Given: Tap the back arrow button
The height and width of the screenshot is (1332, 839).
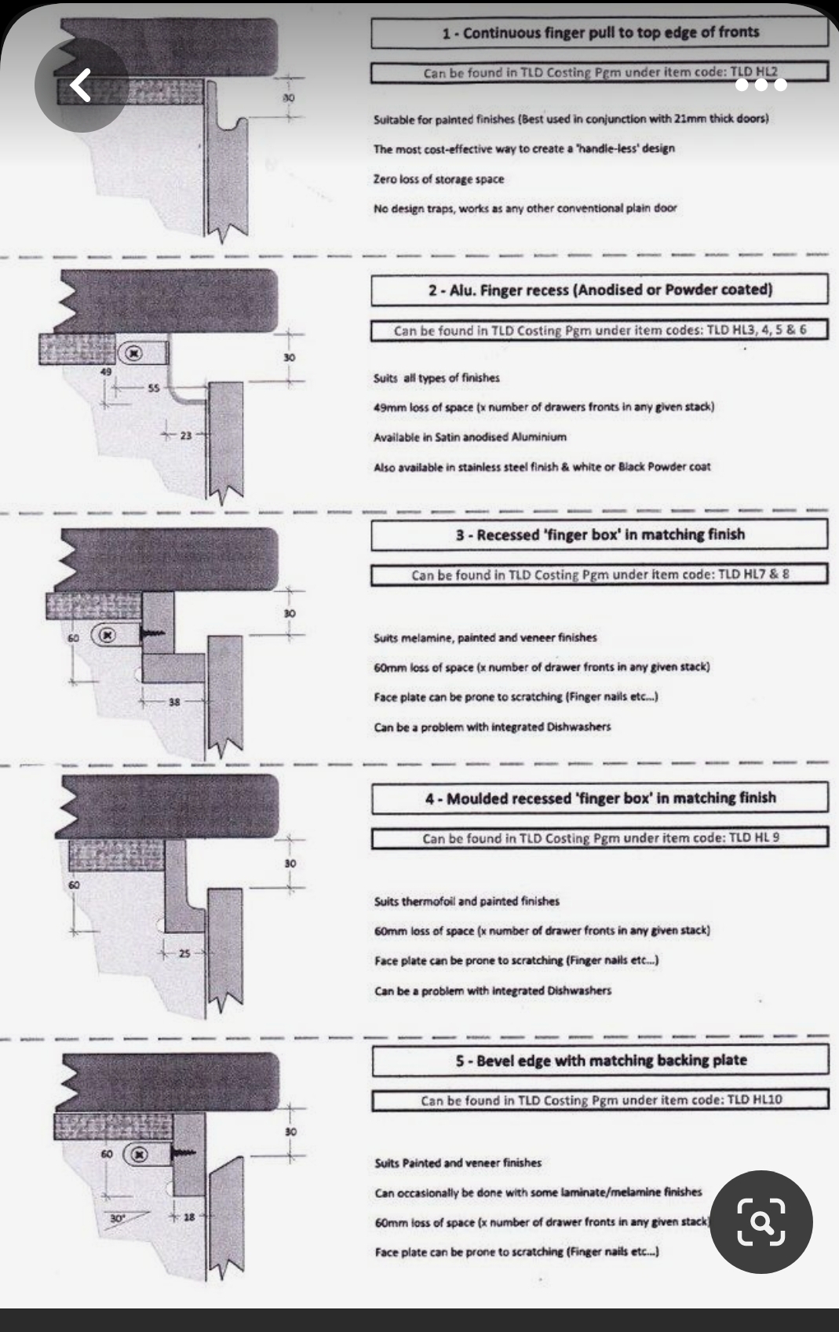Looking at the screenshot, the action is coord(81,85).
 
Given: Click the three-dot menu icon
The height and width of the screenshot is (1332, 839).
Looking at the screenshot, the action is coord(761,85).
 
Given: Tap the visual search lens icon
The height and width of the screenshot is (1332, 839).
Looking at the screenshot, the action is coord(761,1221).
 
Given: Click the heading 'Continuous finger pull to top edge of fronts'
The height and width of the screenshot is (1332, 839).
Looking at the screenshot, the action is coord(600,33).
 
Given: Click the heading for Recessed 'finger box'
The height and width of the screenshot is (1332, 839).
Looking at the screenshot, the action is coord(600,535).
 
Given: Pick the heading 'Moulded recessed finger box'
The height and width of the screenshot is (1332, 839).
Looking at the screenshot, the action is coord(600,798).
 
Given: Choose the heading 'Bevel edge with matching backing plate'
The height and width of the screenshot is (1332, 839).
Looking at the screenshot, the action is coord(600,1060).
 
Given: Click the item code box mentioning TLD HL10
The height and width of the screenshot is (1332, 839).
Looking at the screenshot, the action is coord(600,1100).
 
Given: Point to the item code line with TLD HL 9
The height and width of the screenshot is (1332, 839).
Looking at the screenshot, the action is coord(600,838).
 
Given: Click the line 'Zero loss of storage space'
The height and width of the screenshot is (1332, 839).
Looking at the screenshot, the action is coord(439,179).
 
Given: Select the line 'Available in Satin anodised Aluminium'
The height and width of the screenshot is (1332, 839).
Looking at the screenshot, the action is coord(469,436).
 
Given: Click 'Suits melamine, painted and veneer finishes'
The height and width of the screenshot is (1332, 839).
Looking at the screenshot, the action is coord(485,637).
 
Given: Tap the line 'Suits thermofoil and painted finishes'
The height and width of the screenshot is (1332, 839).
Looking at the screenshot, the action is coord(466,901).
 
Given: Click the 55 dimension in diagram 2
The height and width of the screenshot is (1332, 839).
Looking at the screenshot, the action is coord(153,388).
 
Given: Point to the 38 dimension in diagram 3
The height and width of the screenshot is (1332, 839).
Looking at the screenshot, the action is coord(173,702).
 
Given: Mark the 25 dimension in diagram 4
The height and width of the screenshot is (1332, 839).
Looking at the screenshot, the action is coord(184,954).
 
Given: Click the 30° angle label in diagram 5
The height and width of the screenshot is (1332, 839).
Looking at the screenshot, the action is coord(117,1218).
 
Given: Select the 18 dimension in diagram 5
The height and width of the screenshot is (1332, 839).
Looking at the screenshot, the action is coord(189,1217).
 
